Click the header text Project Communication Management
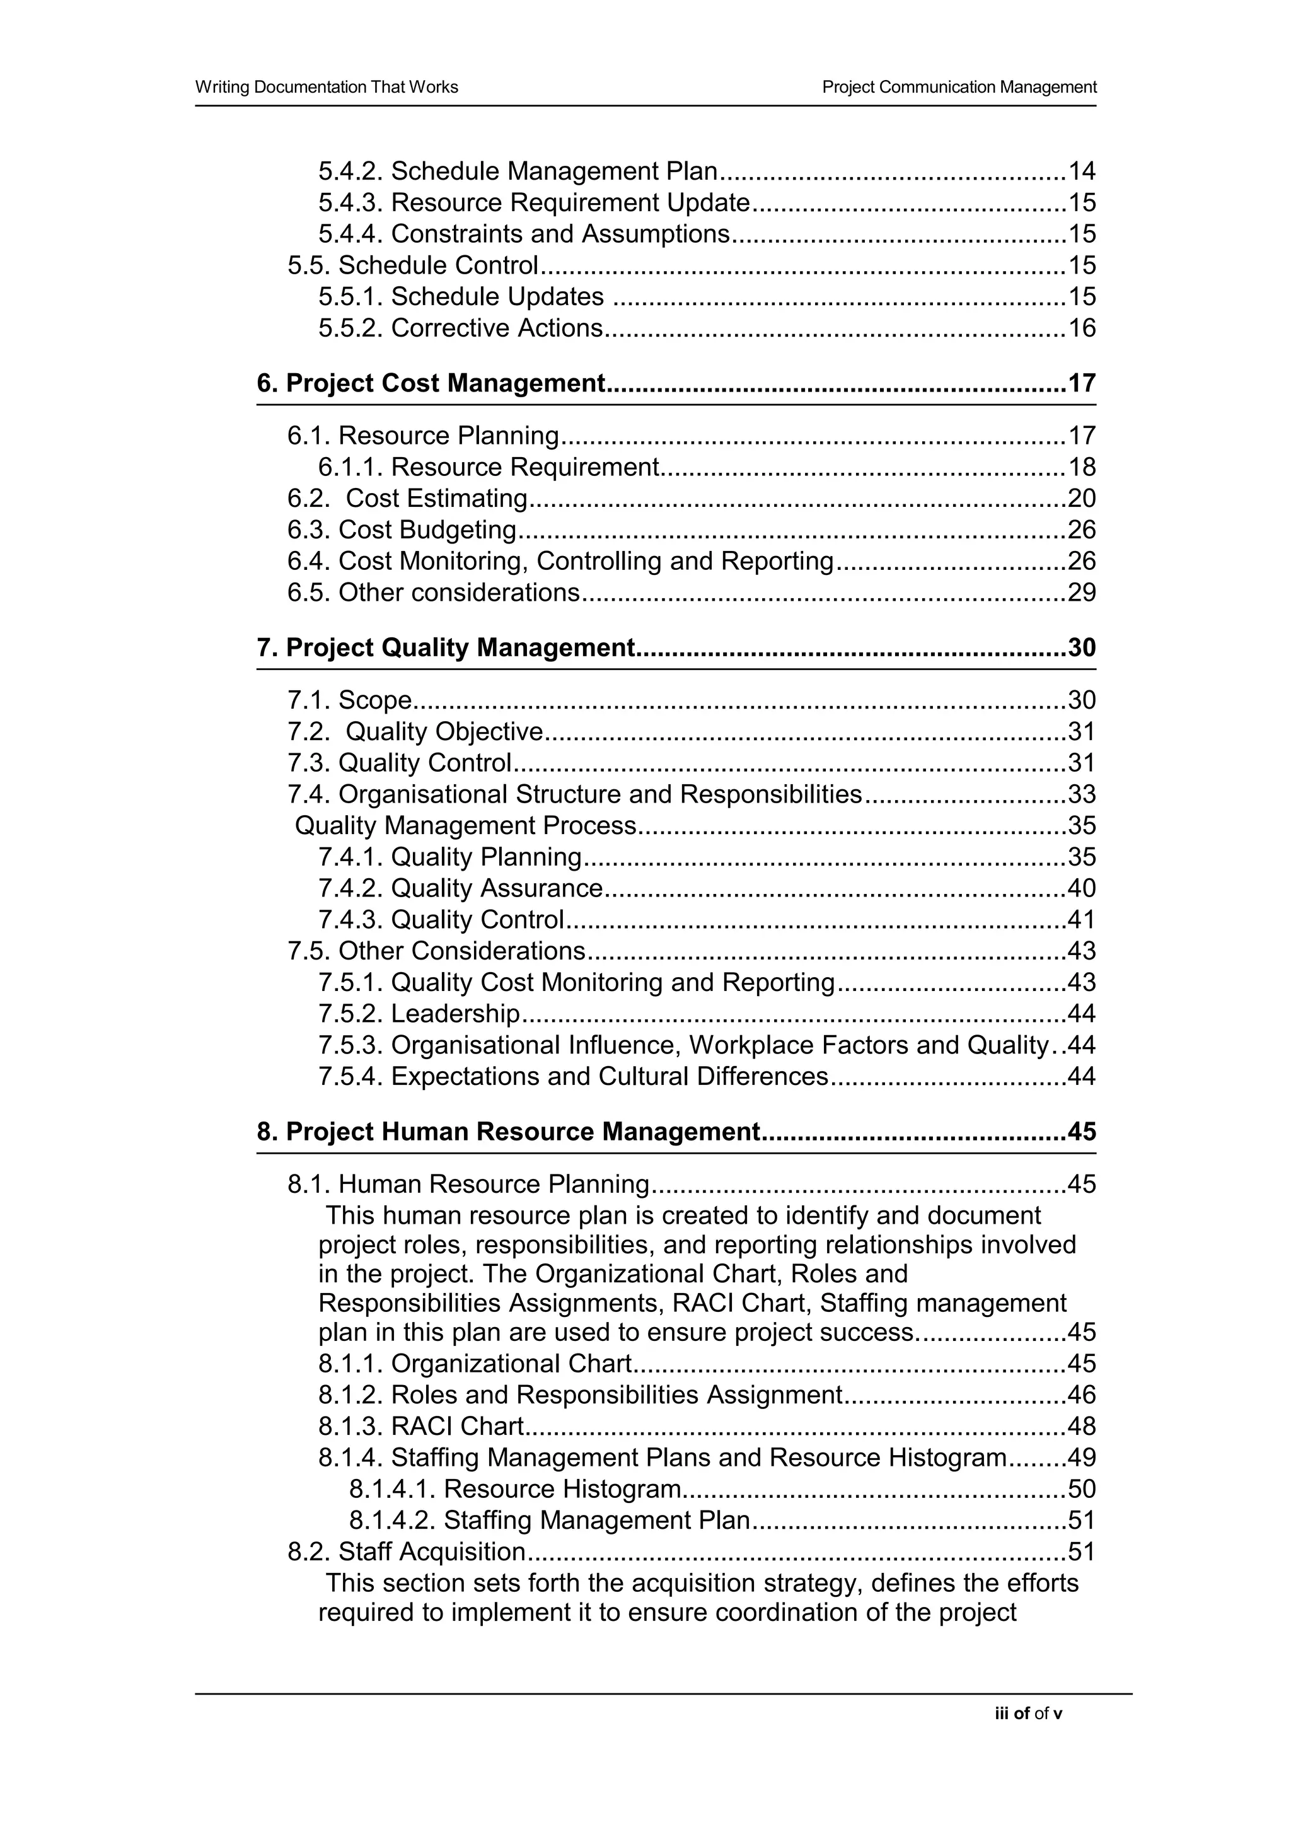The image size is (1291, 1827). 959,87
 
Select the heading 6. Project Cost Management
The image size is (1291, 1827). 431,383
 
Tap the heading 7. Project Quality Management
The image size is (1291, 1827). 446,647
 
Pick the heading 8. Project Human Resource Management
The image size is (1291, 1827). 508,1132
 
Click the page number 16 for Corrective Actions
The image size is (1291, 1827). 1081,328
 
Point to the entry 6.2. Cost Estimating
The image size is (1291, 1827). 407,499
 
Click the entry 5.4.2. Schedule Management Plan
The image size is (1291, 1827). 518,171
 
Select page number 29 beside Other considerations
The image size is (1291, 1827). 1081,593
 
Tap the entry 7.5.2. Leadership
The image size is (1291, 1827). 419,1014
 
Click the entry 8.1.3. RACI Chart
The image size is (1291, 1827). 421,1426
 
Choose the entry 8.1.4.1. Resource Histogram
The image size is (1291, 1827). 514,1489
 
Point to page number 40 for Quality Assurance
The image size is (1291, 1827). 1081,888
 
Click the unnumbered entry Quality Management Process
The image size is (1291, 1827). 465,826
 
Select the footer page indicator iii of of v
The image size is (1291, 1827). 1028,1714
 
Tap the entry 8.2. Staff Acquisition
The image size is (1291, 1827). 407,1551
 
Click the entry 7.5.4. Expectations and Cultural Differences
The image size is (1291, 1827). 573,1077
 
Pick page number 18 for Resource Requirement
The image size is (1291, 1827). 1081,467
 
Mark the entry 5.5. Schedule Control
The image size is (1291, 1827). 413,265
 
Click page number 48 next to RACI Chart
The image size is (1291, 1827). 1081,1426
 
